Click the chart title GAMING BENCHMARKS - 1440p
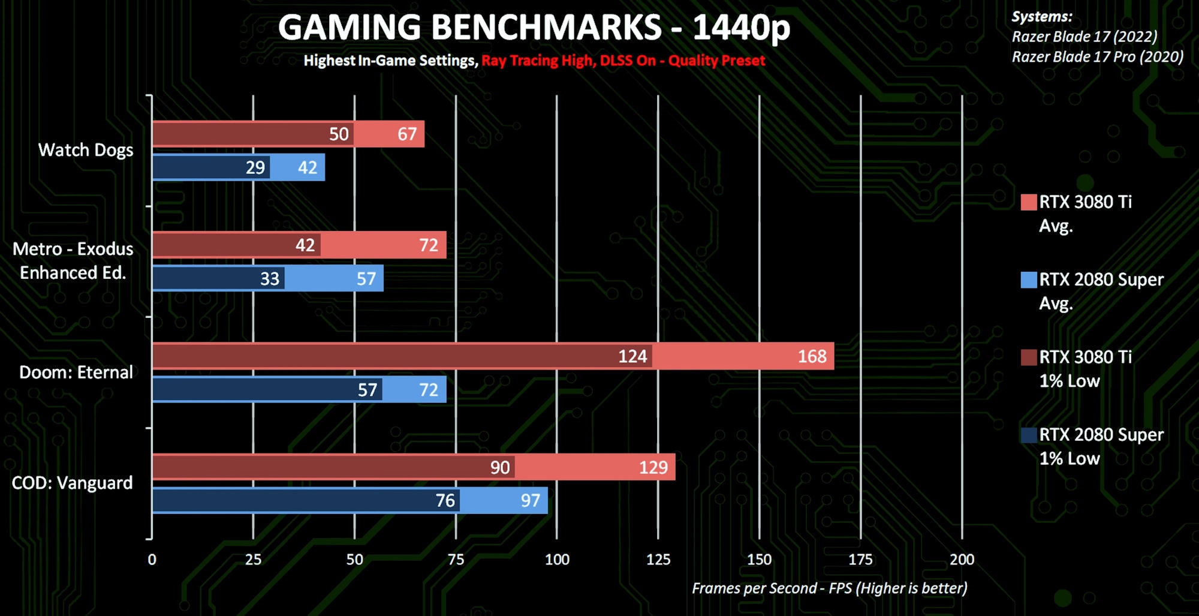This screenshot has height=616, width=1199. click(x=534, y=28)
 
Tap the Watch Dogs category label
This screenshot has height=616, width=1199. click(x=86, y=150)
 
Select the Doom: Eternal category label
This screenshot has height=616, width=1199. click(x=76, y=372)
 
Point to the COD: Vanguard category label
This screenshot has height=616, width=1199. click(x=72, y=483)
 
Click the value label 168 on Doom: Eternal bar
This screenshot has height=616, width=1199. click(x=812, y=356)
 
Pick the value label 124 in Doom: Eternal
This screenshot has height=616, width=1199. click(x=632, y=356)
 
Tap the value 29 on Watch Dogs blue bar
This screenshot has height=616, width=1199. click(x=255, y=167)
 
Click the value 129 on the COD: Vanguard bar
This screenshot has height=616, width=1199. click(x=653, y=467)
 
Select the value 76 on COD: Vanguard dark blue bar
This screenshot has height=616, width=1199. click(x=445, y=500)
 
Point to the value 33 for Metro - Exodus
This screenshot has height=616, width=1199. click(x=270, y=278)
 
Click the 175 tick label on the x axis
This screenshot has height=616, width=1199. click(x=860, y=560)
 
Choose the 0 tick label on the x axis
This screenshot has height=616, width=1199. click(x=152, y=560)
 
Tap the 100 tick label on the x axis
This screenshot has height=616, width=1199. click(x=557, y=560)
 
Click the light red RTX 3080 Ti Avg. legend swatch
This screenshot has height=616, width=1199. click(x=1029, y=202)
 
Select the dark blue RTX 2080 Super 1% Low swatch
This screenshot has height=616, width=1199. click(x=1029, y=435)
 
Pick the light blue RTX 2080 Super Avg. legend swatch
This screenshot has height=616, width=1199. click(x=1029, y=280)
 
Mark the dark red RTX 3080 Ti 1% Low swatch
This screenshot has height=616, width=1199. click(x=1029, y=357)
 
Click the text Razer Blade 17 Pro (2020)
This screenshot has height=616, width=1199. click(x=1097, y=57)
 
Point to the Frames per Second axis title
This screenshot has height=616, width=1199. click(x=829, y=588)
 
